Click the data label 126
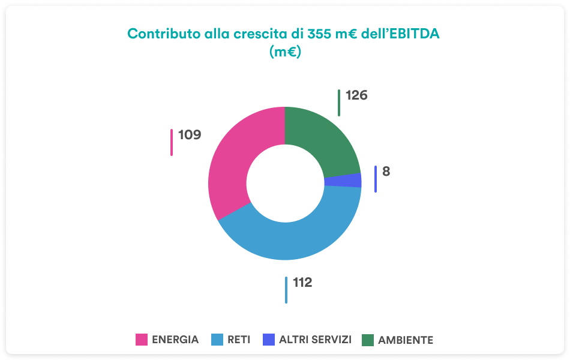[356, 95]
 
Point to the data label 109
[190, 135]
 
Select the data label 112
[302, 282]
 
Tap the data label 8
[386, 171]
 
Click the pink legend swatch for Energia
[142, 340]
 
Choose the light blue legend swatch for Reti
[217, 340]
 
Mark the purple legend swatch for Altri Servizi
[269, 340]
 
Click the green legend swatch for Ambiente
[368, 340]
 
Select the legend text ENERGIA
[175, 340]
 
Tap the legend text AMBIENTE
[406, 340]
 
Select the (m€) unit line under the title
[285, 52]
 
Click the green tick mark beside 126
[339, 103]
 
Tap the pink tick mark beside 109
[172, 142]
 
